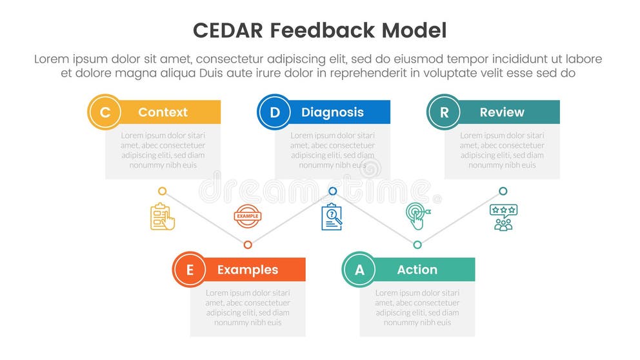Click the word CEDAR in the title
(x=228, y=30)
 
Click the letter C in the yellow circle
(x=105, y=112)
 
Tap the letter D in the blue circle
(x=274, y=112)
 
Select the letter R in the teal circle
(x=444, y=112)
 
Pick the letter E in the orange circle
(x=189, y=270)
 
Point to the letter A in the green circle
(x=359, y=270)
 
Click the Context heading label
(x=163, y=112)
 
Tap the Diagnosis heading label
(x=332, y=112)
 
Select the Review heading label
(x=502, y=112)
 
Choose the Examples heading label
(x=248, y=270)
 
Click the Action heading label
(x=417, y=270)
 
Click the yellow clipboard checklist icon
(x=163, y=217)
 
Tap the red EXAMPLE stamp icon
(x=247, y=216)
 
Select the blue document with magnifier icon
(x=332, y=217)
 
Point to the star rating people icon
(x=503, y=217)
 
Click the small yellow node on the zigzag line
(x=163, y=192)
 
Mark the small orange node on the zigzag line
(x=248, y=245)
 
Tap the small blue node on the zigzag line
(x=333, y=192)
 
